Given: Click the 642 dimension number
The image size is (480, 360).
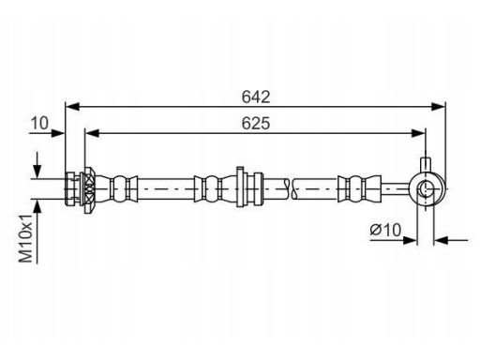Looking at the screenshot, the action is point(256,97).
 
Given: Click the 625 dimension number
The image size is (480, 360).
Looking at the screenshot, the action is point(256,123).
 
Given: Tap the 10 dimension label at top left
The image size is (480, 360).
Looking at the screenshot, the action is point(39,123).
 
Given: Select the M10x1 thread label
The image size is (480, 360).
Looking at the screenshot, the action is point(26,238).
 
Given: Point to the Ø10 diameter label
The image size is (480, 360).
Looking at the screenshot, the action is point(385,231).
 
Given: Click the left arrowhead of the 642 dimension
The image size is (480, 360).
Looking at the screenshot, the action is point(73,107).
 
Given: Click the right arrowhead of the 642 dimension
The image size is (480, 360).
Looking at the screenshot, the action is point(438,107).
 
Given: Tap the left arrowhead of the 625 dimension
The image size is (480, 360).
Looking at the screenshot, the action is point(92,133).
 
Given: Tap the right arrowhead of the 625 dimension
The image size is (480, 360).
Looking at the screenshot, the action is point(418,133).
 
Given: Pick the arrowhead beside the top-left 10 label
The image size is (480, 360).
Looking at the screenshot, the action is point(57,133).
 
